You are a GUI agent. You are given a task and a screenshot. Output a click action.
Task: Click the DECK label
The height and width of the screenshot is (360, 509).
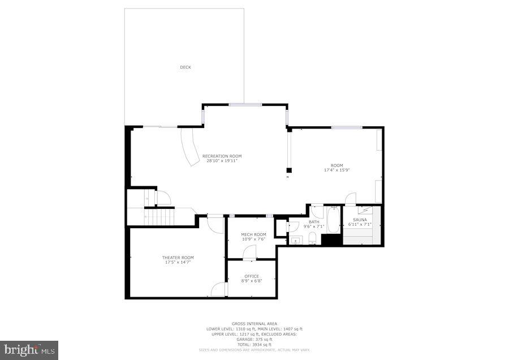[x=186, y=67]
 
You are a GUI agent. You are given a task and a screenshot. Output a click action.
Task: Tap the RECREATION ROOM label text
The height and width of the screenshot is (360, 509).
[x=222, y=156]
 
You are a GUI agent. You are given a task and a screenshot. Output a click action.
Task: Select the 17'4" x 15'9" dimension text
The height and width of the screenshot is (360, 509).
[x=337, y=170]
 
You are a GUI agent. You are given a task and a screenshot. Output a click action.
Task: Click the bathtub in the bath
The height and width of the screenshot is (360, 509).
[x=333, y=221]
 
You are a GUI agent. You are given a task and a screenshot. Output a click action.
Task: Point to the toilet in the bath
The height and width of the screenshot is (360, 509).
[x=312, y=237]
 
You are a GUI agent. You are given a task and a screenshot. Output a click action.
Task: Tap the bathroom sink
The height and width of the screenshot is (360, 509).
[x=297, y=240]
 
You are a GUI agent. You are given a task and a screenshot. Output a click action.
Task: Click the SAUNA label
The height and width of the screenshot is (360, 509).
[x=360, y=220]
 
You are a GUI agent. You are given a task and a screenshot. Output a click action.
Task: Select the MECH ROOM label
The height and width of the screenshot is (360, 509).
[x=253, y=234]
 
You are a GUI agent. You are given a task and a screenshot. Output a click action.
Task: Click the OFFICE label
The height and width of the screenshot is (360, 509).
[x=252, y=276]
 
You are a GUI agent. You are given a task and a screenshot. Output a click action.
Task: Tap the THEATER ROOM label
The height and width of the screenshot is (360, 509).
[x=178, y=258]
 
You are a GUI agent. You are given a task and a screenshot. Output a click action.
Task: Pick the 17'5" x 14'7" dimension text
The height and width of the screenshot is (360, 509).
[x=178, y=262]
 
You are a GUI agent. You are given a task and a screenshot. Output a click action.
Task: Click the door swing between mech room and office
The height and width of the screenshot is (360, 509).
[x=249, y=254]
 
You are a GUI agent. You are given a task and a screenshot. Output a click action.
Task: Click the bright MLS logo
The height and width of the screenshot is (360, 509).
[x=29, y=349]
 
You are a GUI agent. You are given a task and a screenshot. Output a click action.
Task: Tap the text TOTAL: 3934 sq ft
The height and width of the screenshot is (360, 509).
[x=254, y=344]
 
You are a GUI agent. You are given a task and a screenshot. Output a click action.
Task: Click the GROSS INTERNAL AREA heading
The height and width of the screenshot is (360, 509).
[x=254, y=324]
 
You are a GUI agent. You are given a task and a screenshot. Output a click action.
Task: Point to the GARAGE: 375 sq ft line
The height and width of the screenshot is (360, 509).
[x=254, y=339]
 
